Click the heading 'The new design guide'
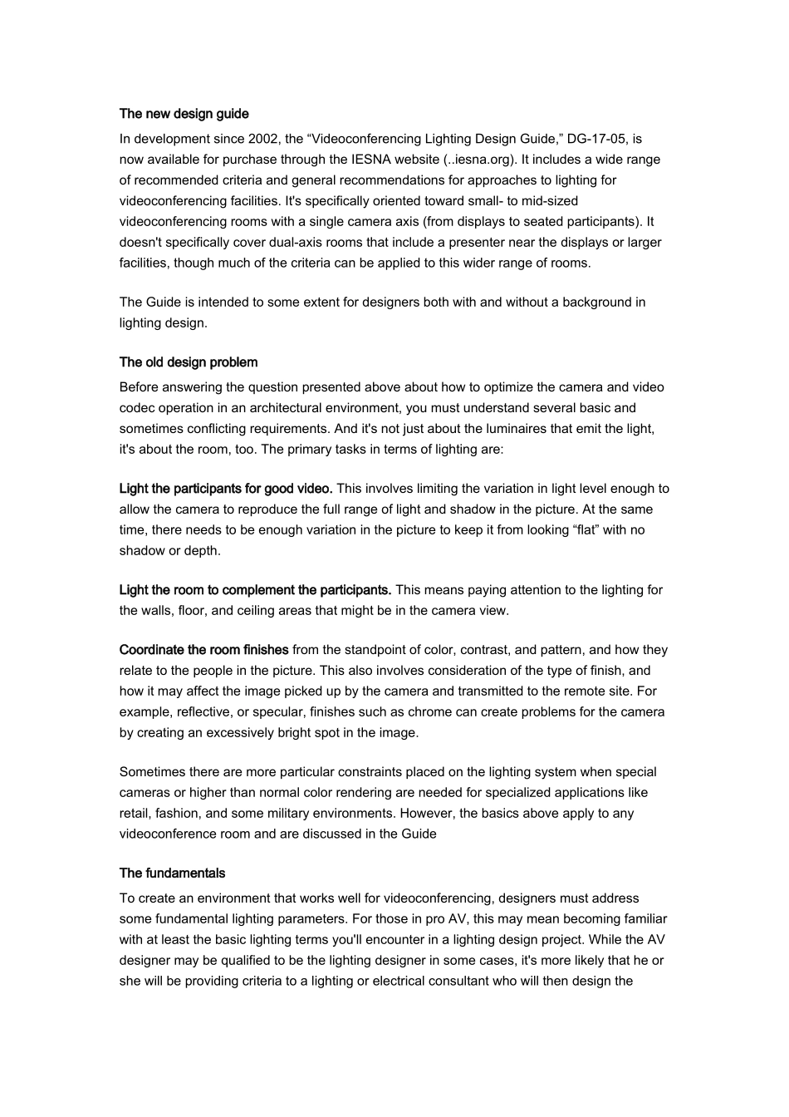184,114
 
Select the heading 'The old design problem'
189,362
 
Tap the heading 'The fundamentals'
172,873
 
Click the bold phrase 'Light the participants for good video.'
226,489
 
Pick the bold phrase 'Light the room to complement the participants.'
255,590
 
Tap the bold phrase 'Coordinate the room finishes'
204,650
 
